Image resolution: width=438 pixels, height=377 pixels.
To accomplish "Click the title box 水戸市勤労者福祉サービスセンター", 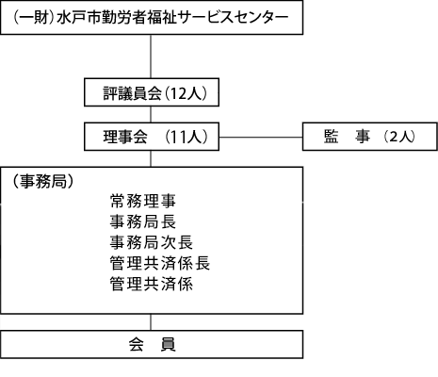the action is pyautogui.click(x=152, y=17).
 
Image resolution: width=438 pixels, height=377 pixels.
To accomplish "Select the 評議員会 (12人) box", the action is pyautogui.click(x=152, y=92).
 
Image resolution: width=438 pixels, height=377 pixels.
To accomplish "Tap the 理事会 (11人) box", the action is pyautogui.click(x=152, y=137).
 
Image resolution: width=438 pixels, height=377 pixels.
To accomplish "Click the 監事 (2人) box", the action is pyautogui.click(x=370, y=137).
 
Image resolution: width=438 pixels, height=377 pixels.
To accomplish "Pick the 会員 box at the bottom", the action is pyautogui.click(x=152, y=344).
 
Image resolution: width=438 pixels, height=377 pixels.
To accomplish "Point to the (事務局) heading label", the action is pyautogui.click(x=43, y=181).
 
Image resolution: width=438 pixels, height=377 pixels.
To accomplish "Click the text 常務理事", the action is pyautogui.click(x=143, y=201).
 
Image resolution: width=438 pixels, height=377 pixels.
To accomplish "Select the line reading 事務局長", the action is pyautogui.click(x=143, y=221).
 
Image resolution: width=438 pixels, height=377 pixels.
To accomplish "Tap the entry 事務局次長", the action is pyautogui.click(x=152, y=242).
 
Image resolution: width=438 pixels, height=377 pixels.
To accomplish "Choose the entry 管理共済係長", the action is pyautogui.click(x=160, y=263).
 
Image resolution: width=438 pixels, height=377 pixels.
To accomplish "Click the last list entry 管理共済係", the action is pyautogui.click(x=152, y=284).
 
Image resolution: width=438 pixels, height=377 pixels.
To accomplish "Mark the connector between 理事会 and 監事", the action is pyautogui.click(x=261, y=137).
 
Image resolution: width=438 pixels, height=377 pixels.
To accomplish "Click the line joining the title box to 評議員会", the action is pyautogui.click(x=151, y=57).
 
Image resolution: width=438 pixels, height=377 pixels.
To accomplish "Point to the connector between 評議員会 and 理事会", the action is pyautogui.click(x=151, y=114).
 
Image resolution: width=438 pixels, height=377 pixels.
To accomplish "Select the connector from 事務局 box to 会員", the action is pyautogui.click(x=151, y=322).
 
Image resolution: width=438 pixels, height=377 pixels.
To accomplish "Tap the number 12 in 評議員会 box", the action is pyautogui.click(x=178, y=93).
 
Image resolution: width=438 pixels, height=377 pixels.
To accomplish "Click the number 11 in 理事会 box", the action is pyautogui.click(x=179, y=138).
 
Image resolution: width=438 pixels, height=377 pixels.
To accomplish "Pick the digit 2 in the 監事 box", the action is pyautogui.click(x=394, y=137).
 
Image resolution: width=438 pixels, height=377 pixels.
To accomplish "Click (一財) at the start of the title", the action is pyautogui.click(x=33, y=17).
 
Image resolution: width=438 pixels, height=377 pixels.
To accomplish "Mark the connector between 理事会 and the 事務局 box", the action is pyautogui.click(x=151, y=158).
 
